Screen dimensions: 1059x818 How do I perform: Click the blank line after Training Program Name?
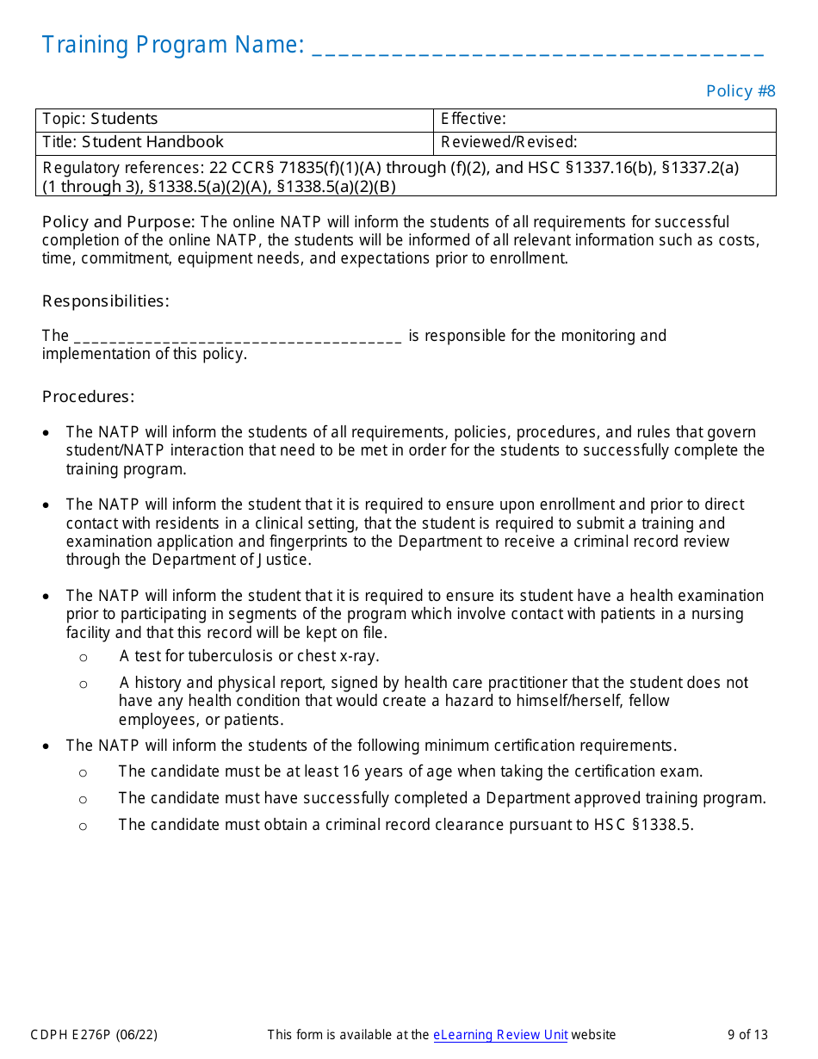537,47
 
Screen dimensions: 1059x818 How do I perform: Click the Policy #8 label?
741,91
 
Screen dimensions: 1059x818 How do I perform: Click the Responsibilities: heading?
105,301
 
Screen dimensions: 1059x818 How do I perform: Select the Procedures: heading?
88,397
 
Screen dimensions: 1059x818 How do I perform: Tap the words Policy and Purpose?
119,222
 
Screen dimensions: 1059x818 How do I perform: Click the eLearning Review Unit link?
500,1035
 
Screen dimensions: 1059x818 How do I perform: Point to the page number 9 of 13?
747,1035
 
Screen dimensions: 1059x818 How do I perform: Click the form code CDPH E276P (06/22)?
94,1035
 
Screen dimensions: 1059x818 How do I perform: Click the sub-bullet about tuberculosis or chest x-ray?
249,656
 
